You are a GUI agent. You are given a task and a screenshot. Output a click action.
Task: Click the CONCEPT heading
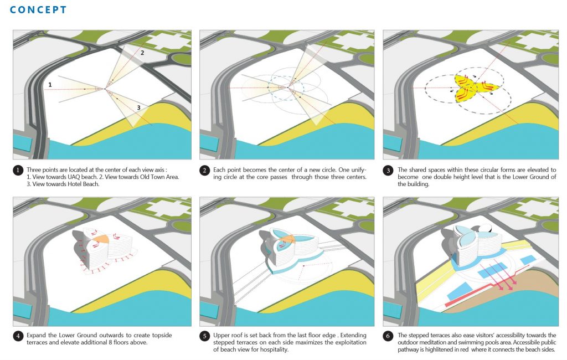[38, 10]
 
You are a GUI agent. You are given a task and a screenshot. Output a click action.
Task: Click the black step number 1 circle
[18, 170]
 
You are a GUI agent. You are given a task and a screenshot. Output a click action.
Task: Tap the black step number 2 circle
[204, 170]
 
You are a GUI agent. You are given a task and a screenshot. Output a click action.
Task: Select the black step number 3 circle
[388, 170]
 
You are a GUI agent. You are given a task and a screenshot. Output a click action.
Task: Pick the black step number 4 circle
[18, 336]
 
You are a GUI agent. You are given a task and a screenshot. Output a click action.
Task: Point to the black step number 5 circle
[204, 336]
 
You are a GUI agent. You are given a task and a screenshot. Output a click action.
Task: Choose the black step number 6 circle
[388, 336]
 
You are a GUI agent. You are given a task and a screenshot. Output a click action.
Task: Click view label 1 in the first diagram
[50, 85]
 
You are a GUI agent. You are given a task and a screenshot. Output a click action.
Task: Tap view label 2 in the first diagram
[142, 53]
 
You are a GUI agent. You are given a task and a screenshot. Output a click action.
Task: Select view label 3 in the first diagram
[138, 107]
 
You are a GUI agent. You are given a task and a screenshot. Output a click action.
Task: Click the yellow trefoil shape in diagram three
[470, 88]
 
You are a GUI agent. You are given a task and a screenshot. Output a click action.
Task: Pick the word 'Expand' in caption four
[36, 336]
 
